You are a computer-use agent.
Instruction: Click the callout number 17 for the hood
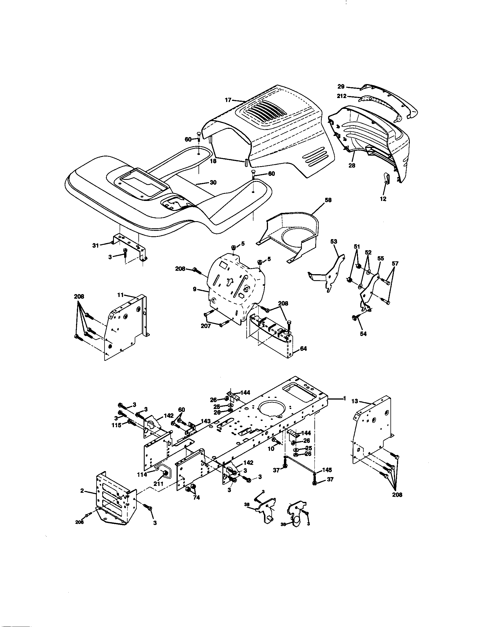(x=228, y=100)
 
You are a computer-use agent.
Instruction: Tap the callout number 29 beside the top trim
(x=341, y=86)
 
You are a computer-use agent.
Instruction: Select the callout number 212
(x=341, y=96)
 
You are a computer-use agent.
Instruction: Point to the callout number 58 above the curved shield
(x=328, y=200)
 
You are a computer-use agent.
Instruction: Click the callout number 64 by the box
(x=303, y=349)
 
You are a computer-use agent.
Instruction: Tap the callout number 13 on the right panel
(x=355, y=401)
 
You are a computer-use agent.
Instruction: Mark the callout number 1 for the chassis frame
(x=344, y=398)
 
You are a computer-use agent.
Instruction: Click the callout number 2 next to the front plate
(x=82, y=491)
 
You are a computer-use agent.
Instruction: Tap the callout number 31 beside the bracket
(x=95, y=245)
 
